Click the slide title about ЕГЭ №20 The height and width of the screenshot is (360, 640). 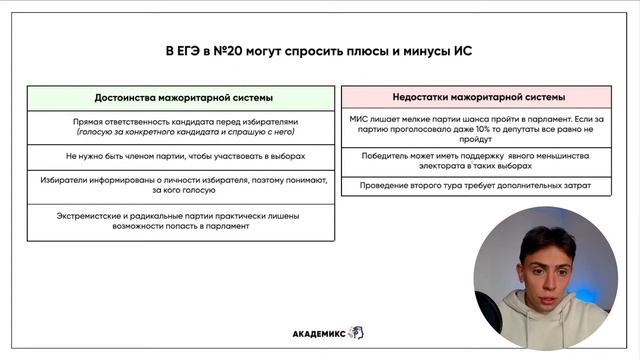pos(317,50)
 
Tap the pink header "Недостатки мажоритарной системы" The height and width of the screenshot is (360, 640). pos(479,97)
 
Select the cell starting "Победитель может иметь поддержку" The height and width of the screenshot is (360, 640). pos(479,160)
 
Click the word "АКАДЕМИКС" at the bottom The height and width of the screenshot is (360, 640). pos(318,333)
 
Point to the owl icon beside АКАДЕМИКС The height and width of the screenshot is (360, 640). pos(356,333)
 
